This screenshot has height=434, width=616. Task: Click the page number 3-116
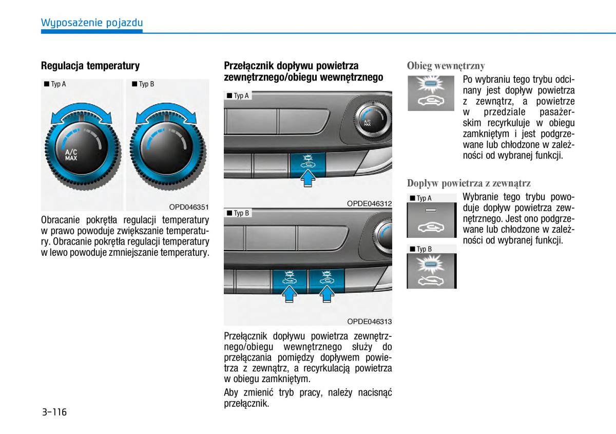tap(54, 412)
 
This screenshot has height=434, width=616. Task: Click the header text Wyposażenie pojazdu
tap(92, 23)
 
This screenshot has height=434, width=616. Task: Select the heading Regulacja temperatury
tap(90, 66)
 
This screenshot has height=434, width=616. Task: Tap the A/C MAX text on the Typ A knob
tap(71, 155)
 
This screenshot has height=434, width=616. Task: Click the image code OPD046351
tap(189, 207)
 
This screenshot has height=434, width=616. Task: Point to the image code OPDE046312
tap(369, 203)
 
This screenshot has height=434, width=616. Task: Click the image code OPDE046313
tap(369, 322)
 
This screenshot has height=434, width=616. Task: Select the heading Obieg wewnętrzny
tap(446, 66)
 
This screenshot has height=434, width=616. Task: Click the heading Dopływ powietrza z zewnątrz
tap(469, 183)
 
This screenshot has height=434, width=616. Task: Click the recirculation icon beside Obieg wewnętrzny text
tap(431, 93)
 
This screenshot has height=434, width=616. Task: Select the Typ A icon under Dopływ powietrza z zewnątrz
tap(431, 220)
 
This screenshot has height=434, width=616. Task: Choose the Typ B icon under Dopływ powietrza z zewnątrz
tap(431, 271)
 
